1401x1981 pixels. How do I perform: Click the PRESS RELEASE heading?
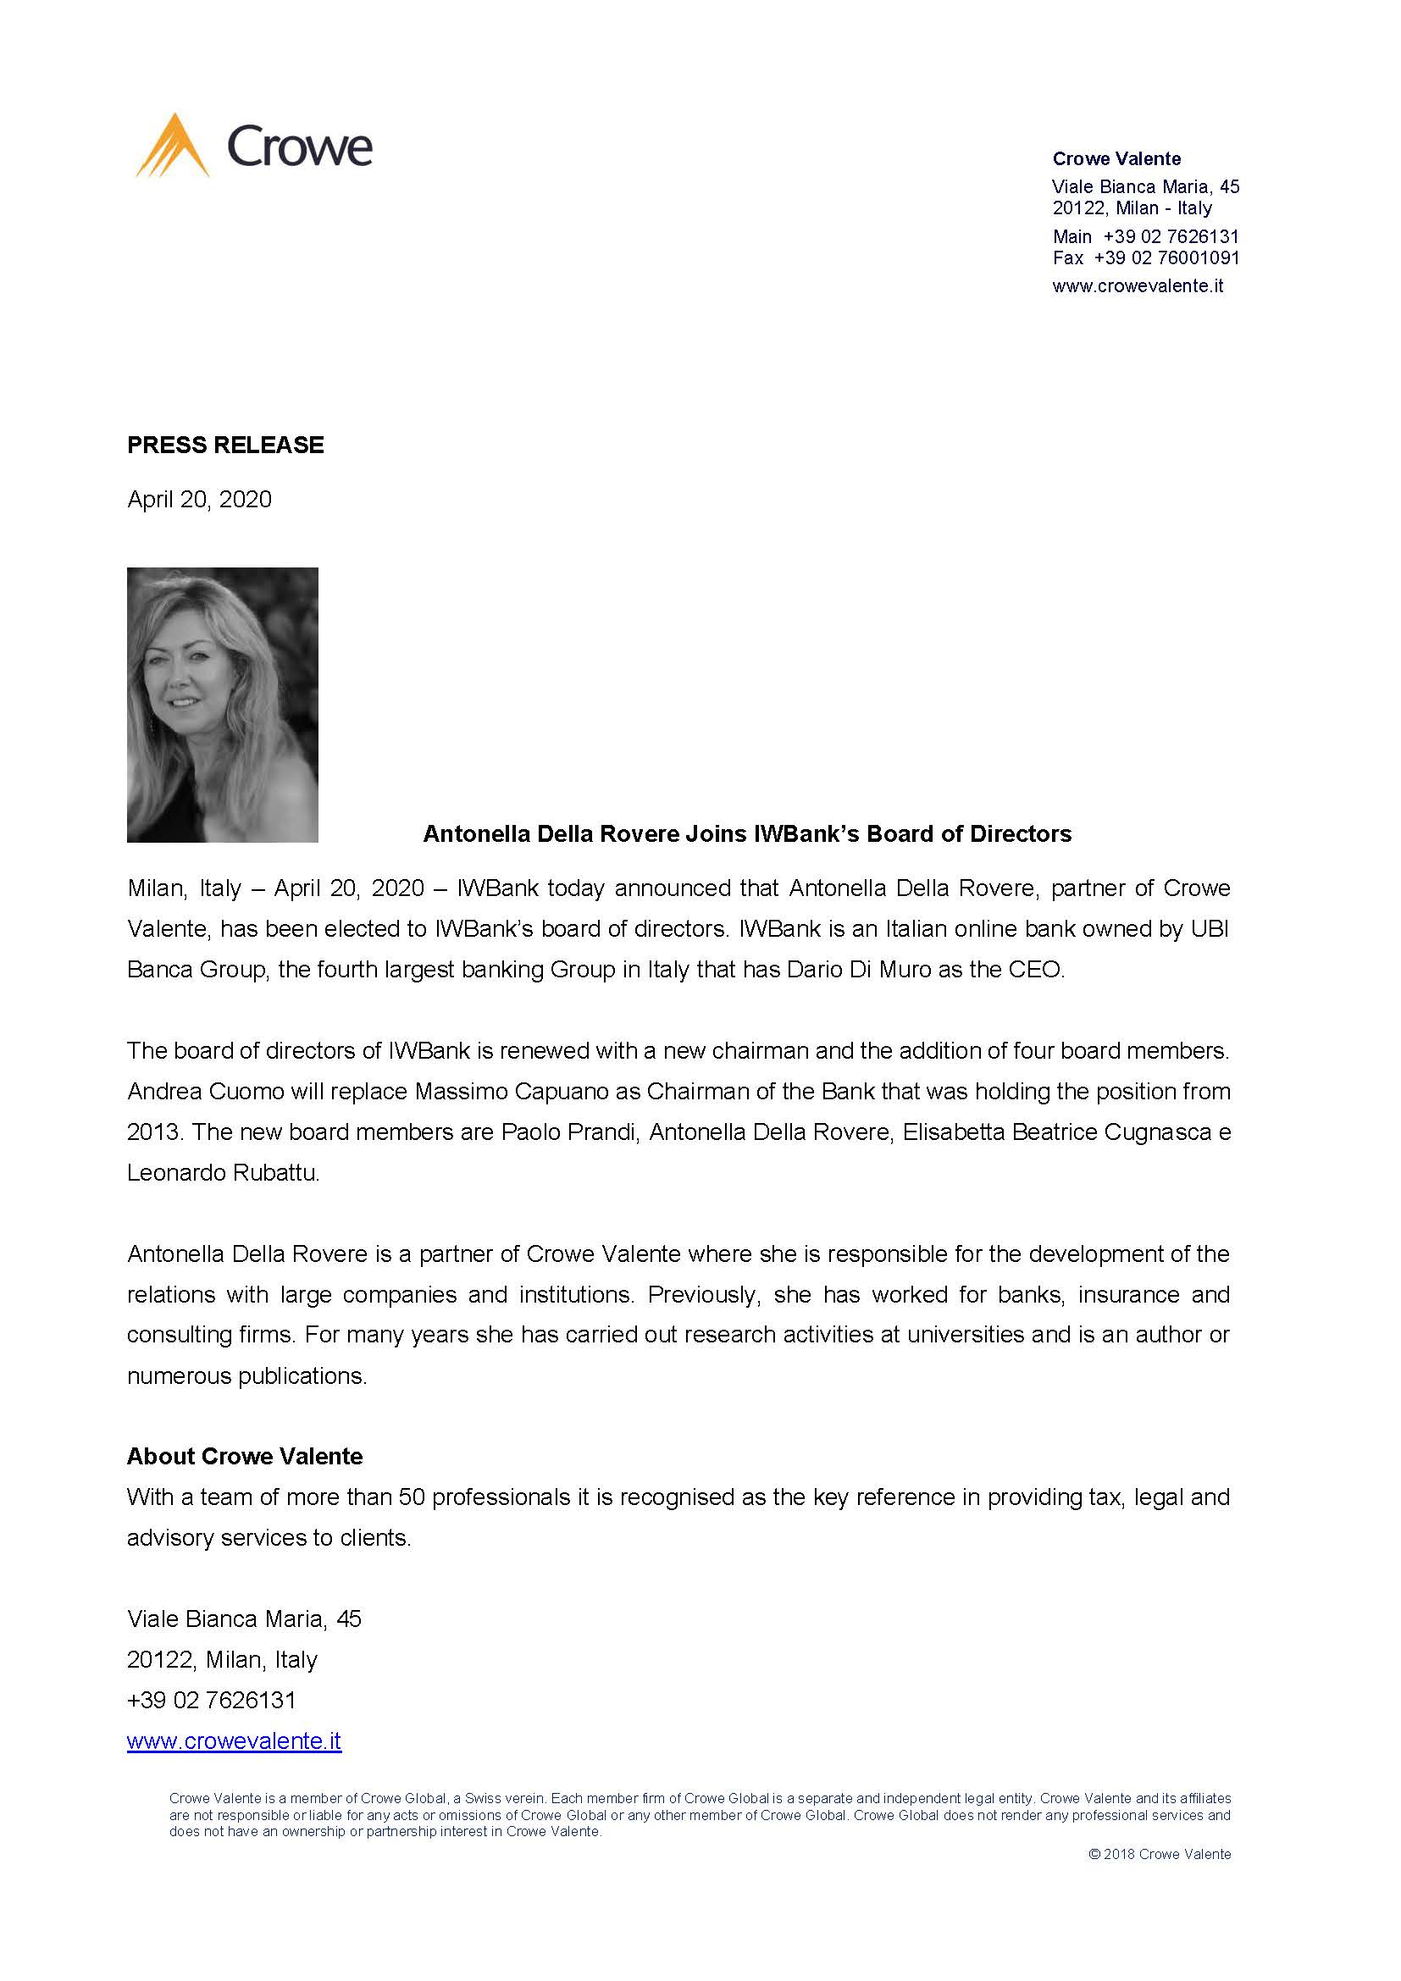225,445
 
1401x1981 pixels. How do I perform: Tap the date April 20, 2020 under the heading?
199,500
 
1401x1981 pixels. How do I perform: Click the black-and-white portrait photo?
223,704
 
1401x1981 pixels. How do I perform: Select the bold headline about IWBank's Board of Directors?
747,833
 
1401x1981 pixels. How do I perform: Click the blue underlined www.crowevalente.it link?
234,1740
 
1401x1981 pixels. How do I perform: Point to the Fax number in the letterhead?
1166,258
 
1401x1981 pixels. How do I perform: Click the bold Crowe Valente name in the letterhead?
1116,158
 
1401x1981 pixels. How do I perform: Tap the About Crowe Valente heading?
245,1457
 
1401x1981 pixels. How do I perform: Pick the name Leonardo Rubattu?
223,1173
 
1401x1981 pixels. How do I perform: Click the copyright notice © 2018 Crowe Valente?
1160,1854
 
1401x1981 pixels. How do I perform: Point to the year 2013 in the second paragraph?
152,1132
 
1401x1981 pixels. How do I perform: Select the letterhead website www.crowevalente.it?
1137,286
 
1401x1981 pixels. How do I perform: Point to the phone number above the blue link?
212,1700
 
